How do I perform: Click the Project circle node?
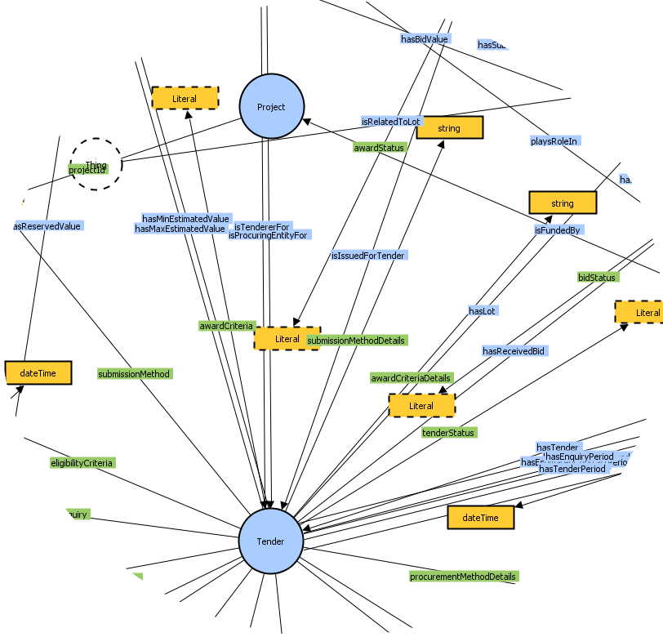(271, 107)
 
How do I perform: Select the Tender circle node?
(271, 541)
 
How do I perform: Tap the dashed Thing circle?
(96, 164)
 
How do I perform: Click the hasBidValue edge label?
(425, 38)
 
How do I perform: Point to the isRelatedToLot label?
(391, 122)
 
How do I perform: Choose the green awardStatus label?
(379, 148)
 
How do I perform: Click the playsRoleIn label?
(554, 141)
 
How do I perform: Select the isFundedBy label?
(558, 231)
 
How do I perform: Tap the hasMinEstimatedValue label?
(185, 219)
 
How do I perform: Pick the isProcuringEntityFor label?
(268, 236)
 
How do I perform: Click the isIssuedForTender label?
(367, 256)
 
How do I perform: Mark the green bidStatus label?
(597, 278)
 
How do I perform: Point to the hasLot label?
(483, 311)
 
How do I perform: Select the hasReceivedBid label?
(514, 351)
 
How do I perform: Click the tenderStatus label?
(448, 433)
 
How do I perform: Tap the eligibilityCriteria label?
(82, 463)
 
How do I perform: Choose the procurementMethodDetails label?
(464, 577)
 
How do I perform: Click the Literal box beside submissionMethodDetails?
(287, 339)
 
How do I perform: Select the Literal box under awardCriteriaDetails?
(421, 406)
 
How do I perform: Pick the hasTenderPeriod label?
(572, 470)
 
